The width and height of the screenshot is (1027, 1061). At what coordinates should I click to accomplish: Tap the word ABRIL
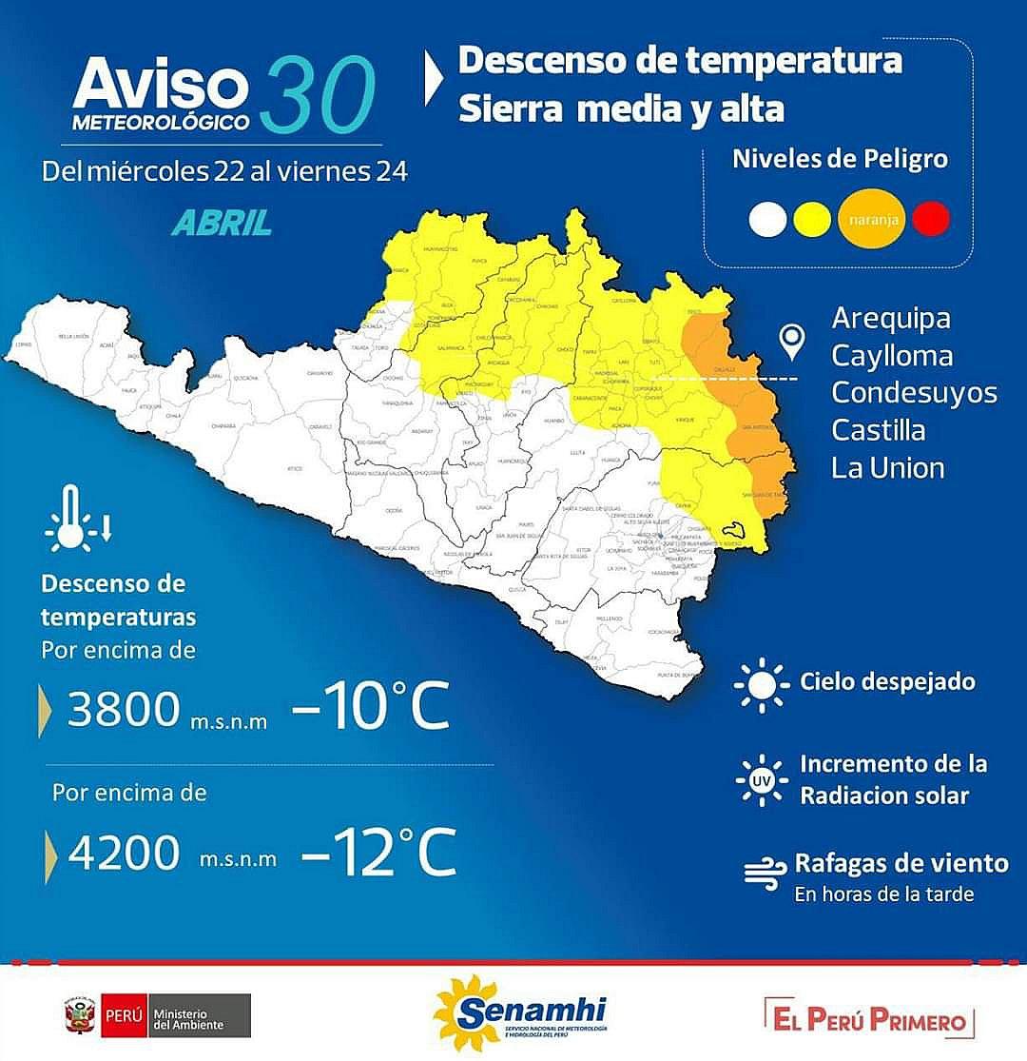point(222,222)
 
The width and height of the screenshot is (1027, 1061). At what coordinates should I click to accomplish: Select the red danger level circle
point(931,219)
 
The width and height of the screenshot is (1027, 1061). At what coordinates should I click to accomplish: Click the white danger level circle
point(767,220)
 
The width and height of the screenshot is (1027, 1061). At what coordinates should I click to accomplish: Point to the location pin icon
point(791,341)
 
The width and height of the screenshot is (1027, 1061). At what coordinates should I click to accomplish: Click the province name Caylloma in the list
point(891,356)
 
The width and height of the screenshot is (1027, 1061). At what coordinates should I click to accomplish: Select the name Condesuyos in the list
point(914,393)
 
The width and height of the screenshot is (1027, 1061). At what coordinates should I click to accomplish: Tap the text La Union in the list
point(887,467)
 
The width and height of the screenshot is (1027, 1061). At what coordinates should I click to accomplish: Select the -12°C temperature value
point(378,854)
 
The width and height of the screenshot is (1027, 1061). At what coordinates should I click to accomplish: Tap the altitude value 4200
point(125,854)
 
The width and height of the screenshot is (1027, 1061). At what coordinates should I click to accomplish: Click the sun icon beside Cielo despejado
point(762,683)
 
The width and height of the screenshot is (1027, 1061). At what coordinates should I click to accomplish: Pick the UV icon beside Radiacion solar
point(762,780)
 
